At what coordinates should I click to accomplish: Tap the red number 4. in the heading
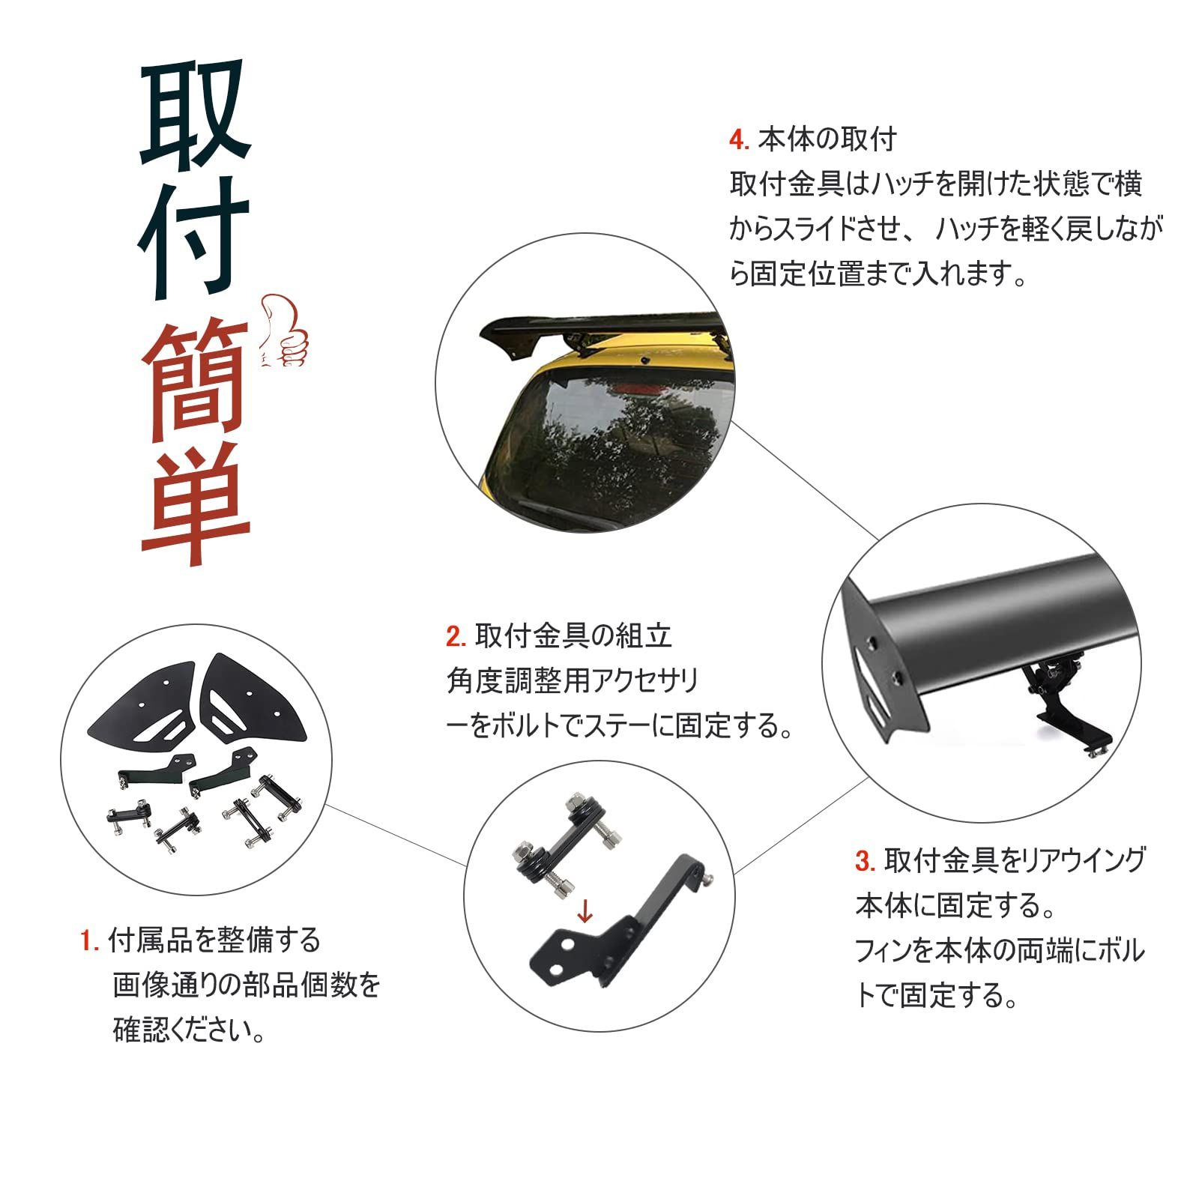pyautogui.click(x=738, y=140)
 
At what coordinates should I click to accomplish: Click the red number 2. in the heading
pyautogui.click(x=456, y=637)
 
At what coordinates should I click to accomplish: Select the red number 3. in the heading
pyautogui.click(x=865, y=861)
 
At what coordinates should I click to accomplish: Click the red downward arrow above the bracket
pyautogui.click(x=585, y=913)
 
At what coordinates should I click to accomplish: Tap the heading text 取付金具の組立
pyautogui.click(x=573, y=637)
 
